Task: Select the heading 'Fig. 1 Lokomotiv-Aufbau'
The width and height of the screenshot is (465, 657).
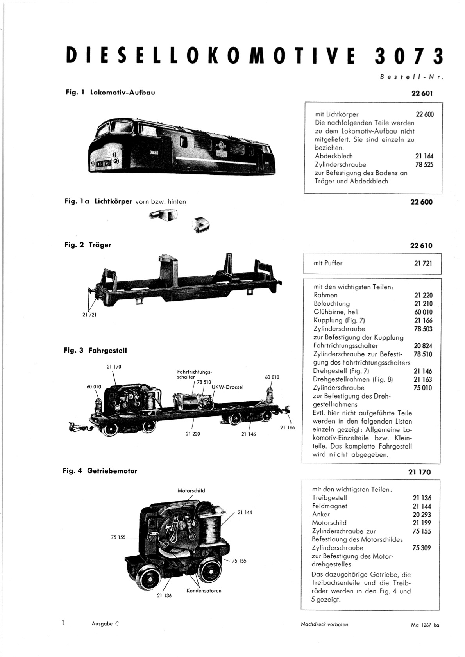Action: click(110, 93)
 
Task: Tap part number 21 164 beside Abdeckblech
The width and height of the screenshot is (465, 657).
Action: click(424, 156)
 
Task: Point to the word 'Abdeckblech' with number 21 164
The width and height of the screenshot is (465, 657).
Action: click(334, 156)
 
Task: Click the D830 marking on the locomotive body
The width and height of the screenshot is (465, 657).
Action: click(154, 153)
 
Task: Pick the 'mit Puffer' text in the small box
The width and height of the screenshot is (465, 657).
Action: click(328, 263)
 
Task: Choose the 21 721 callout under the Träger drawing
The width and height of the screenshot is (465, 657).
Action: click(89, 315)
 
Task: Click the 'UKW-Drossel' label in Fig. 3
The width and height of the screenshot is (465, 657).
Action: click(227, 387)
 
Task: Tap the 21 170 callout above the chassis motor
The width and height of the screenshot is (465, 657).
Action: click(114, 366)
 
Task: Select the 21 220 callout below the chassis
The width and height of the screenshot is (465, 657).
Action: click(193, 434)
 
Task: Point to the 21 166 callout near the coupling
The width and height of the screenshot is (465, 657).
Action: click(287, 427)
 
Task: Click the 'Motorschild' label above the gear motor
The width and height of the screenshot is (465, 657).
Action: click(191, 490)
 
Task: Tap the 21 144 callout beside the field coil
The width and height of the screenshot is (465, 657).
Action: click(245, 513)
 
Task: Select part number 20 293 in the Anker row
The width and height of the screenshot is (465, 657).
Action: click(422, 514)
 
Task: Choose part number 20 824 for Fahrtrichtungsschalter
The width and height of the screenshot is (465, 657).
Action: click(423, 346)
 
